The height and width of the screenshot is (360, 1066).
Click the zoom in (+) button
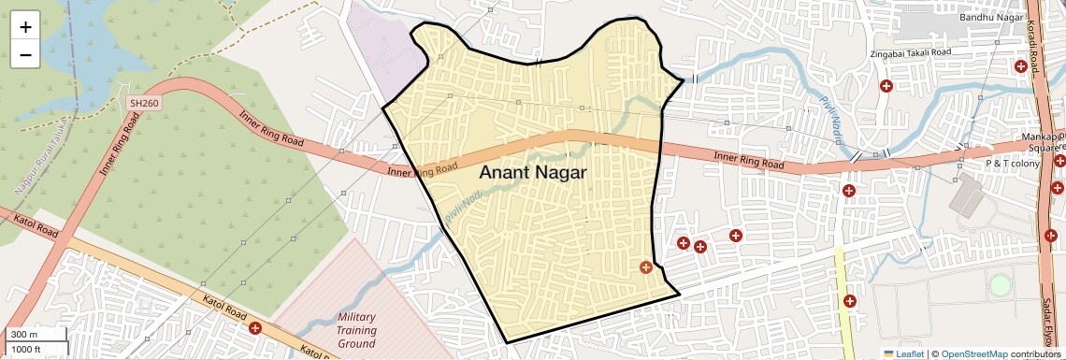pos(25,26)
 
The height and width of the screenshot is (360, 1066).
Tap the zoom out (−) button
pos(25,54)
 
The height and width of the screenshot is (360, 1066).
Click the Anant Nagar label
pos(532,173)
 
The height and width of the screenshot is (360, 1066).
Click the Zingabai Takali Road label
pos(911,53)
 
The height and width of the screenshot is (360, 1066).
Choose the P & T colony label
pos(1013,164)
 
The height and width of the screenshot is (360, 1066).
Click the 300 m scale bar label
pos(24,335)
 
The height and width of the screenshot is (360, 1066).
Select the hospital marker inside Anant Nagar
pos(645,267)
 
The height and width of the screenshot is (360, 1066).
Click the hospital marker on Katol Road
pos(255,327)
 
